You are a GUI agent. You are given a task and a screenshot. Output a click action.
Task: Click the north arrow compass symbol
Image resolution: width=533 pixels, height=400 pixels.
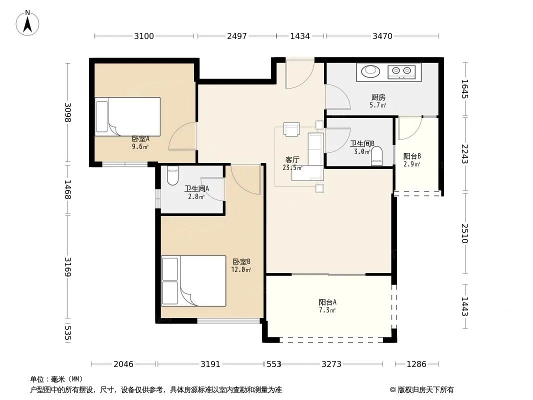pos(27,23)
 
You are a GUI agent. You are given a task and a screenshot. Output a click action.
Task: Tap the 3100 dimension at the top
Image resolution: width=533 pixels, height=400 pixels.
pos(144,36)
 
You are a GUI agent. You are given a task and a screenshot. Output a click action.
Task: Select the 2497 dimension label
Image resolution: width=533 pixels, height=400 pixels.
pos(237,36)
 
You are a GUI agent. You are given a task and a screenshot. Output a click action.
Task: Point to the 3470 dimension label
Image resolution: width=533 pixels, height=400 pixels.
pos(382,36)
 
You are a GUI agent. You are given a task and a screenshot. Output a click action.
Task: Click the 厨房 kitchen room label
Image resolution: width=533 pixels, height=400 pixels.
pos(378,97)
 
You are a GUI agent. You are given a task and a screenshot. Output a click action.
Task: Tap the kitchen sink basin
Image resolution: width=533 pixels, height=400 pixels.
pos(370,71)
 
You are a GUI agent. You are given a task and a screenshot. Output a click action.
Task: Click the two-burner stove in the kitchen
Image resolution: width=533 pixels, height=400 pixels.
pos(401,71)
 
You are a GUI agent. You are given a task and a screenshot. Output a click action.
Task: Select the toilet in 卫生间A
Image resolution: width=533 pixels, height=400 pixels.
pos(172,175)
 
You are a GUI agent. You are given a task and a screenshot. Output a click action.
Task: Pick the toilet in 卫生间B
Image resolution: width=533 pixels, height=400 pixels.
pos(376,156)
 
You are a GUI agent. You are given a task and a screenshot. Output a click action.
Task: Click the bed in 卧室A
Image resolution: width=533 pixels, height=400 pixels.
pos(127,116)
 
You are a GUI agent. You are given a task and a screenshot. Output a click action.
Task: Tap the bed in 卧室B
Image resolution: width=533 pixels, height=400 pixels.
pos(193,280)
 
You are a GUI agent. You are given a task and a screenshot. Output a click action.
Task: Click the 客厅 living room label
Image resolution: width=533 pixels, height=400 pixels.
pos(292,159)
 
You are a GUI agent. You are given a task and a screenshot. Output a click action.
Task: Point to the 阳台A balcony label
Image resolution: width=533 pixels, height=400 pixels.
pos(327,302)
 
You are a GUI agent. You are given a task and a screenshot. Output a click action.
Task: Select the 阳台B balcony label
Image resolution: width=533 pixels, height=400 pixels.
pos(412,156)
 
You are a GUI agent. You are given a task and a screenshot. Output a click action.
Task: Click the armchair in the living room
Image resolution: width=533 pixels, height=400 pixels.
pos(291,129)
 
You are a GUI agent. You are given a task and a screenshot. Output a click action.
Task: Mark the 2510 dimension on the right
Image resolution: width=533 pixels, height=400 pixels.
pos(464,233)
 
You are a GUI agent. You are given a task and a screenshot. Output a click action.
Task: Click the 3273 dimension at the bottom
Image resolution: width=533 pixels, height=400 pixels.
pos(331,364)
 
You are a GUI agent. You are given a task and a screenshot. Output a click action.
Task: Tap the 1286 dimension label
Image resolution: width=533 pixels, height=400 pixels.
pos(416,364)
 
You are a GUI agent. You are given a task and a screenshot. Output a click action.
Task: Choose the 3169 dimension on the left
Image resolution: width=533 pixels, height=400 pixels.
pos(68,267)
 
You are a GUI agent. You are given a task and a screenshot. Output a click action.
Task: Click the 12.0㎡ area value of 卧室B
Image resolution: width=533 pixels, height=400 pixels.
pos(241,270)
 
